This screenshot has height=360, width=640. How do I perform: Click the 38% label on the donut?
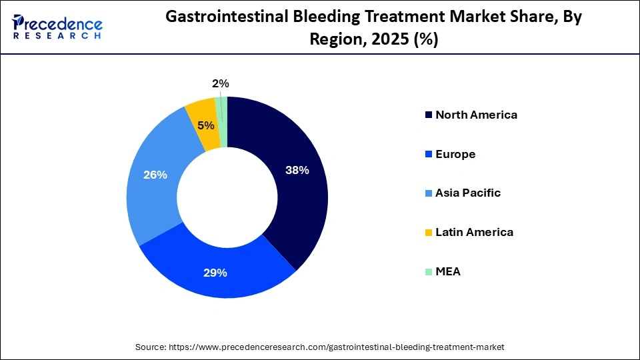297,170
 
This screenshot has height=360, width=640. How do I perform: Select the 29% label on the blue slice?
215,273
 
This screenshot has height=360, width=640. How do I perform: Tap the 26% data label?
155,175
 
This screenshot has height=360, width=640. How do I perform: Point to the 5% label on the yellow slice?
205,125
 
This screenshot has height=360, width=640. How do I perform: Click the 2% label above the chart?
221,83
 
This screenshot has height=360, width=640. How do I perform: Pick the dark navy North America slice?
293,200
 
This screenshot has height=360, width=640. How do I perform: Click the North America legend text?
476,115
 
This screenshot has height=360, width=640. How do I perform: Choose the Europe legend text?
455,154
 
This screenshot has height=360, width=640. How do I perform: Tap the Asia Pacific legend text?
468,193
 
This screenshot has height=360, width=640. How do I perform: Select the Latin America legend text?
474,233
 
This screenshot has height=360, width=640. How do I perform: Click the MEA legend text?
448,272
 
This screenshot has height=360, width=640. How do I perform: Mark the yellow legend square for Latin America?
427,233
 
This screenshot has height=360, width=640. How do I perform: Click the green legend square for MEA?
427,272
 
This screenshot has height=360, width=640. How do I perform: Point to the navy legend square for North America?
427,115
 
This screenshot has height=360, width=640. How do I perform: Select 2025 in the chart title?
387,39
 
